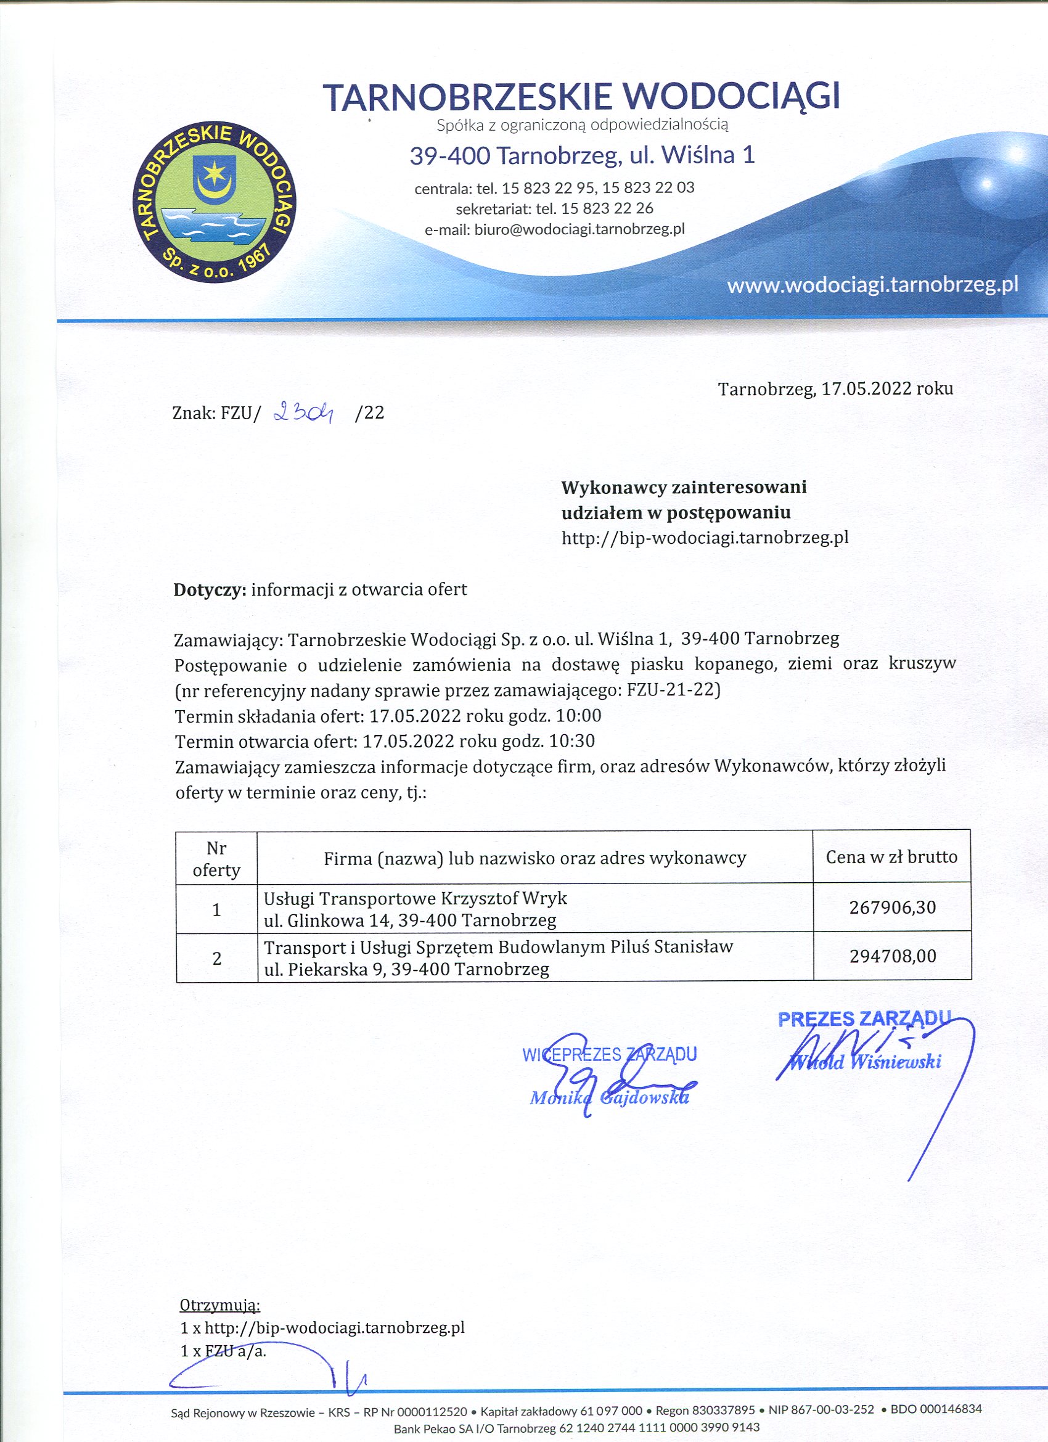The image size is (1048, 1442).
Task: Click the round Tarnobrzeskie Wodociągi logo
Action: click(215, 202)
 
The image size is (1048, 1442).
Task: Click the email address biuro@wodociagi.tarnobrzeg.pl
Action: click(579, 229)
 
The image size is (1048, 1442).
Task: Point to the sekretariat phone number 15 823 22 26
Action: click(607, 208)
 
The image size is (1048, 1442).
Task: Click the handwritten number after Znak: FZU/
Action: click(304, 414)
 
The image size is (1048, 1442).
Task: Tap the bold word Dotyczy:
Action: click(210, 589)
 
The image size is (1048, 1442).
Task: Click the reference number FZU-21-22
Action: click(673, 690)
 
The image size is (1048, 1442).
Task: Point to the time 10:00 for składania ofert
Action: click(578, 716)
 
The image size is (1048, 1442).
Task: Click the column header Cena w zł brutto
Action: click(891, 857)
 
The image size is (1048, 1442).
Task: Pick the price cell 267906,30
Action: click(892, 907)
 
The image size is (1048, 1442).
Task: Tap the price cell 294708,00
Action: click(892, 956)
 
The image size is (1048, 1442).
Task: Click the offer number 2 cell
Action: click(217, 958)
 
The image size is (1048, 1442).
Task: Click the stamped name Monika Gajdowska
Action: click(609, 1098)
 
